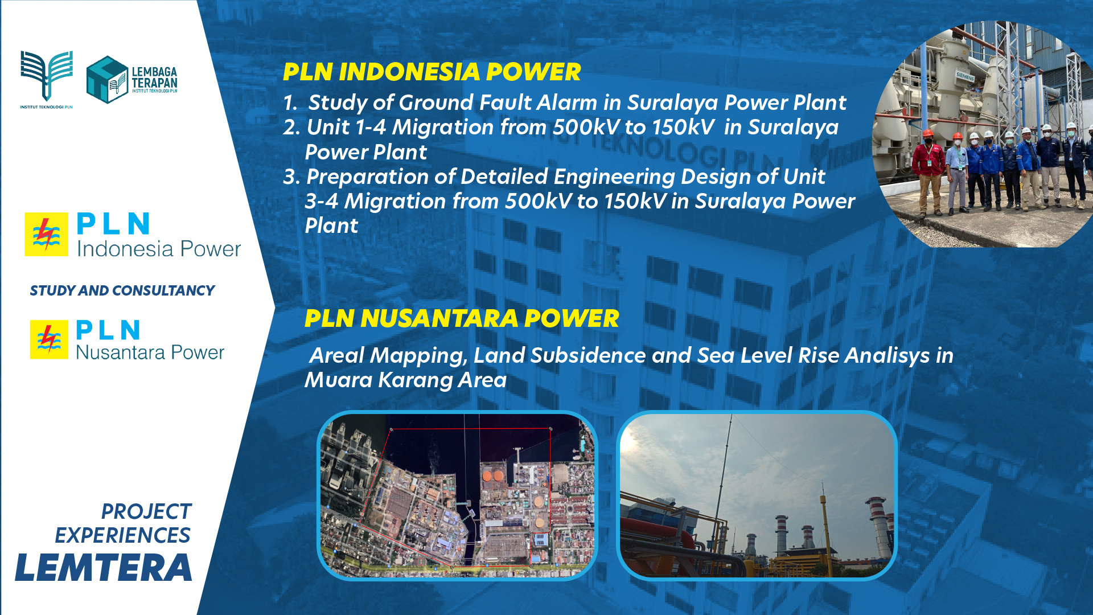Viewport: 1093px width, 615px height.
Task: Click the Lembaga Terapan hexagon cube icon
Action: (x=107, y=80)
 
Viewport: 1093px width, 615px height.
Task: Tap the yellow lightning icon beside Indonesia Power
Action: (x=47, y=234)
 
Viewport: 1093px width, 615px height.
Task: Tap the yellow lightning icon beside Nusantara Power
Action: (x=49, y=339)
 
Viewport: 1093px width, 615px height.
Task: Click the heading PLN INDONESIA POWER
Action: (x=432, y=72)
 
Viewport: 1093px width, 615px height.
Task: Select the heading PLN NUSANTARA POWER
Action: (x=462, y=318)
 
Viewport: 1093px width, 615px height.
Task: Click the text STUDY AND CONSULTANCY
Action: (x=122, y=290)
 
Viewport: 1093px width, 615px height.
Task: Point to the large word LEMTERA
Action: (x=104, y=568)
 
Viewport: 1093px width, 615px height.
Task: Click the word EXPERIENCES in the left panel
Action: (x=123, y=535)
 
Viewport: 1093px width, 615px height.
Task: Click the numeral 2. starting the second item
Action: (x=291, y=127)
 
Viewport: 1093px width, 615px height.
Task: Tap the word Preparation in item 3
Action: (x=370, y=177)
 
